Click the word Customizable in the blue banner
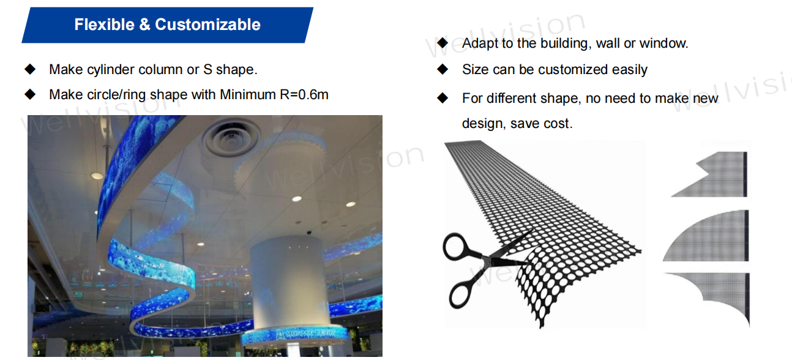[x=207, y=24]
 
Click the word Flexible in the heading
[x=104, y=24]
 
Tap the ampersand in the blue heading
[x=144, y=24]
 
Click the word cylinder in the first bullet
[x=111, y=70]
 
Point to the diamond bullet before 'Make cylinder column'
[x=30, y=69]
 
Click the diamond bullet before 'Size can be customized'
[x=443, y=69]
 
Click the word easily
[x=630, y=70]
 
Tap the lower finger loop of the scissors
[x=460, y=295]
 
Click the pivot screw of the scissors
[x=490, y=261]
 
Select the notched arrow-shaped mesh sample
[x=714, y=174]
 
